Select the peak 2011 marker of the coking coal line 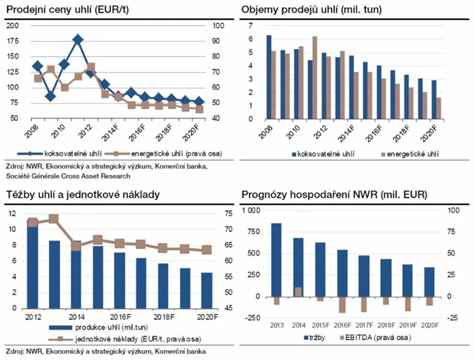point(78,39)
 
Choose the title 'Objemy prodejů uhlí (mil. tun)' point(316,10)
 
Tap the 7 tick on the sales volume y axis point(251,26)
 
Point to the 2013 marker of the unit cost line point(53,219)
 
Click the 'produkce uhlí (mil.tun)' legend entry point(97,327)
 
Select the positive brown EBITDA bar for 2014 point(298,292)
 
